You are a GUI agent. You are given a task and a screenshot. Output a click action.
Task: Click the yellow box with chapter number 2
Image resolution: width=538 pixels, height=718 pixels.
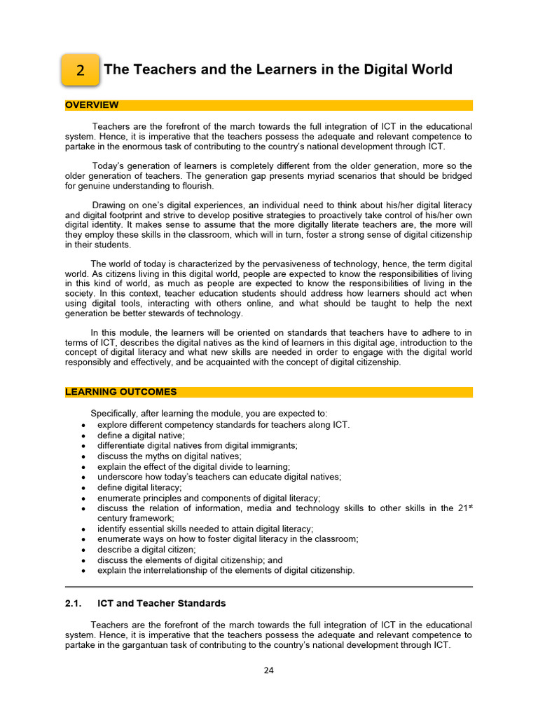tap(80, 70)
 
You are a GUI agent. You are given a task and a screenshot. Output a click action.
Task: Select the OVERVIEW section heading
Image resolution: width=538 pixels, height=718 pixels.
tap(92, 105)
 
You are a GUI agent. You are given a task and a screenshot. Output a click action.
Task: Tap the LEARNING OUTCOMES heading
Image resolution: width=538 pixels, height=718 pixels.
tap(120, 392)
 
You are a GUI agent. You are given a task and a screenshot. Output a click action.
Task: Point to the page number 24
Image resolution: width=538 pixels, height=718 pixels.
tap(268, 670)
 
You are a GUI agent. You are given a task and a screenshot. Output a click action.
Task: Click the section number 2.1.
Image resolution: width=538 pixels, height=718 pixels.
tap(74, 603)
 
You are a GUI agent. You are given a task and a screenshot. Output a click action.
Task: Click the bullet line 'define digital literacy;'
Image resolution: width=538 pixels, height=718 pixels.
tap(139, 487)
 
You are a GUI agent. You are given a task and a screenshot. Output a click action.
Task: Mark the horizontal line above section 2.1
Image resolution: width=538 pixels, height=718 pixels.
tap(268, 587)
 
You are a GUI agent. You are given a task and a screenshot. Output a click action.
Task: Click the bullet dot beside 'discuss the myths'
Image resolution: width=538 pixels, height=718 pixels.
tap(84, 456)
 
